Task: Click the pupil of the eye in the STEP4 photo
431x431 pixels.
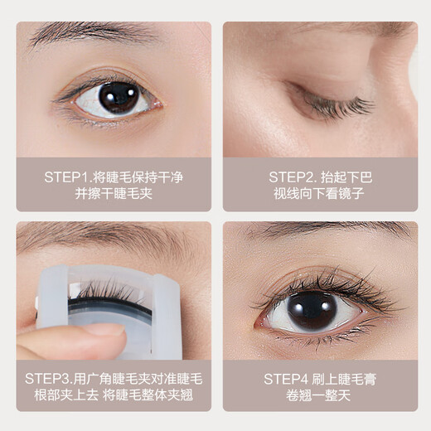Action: tap(312, 310)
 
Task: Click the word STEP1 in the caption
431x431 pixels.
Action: tap(63, 177)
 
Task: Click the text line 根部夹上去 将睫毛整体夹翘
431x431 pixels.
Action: tap(114, 395)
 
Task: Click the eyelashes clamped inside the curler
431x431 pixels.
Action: tap(108, 290)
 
